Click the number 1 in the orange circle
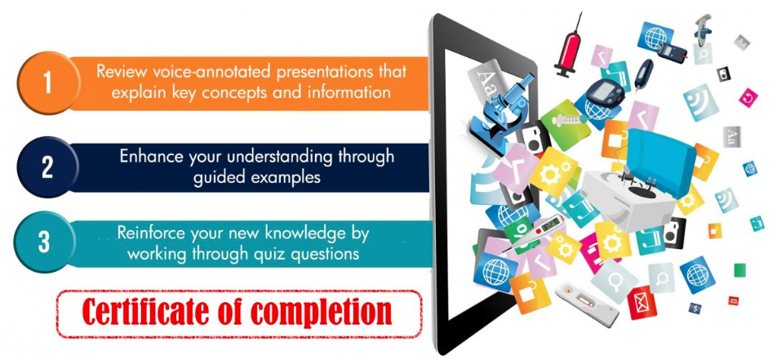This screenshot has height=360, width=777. click(47, 82)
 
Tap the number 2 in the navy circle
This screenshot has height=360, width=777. click(47, 167)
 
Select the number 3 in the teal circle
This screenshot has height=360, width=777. click(44, 242)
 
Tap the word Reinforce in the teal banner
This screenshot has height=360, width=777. click(151, 233)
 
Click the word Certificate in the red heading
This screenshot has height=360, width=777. click(146, 312)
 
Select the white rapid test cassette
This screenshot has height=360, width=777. click(588, 304)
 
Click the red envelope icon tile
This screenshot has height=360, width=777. click(642, 303)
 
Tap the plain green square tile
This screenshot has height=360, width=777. click(739, 269)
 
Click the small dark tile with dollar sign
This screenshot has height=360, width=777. click(695, 309)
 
